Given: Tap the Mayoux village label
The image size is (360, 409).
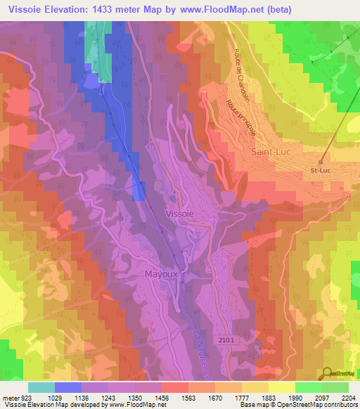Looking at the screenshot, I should click(x=162, y=273).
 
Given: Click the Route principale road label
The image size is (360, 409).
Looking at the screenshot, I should click(x=240, y=117).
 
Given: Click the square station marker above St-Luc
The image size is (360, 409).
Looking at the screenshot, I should click(x=321, y=161).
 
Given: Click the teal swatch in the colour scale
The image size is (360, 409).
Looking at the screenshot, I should click(x=41, y=387).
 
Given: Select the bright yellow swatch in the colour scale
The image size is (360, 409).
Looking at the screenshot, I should click(x=281, y=387).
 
